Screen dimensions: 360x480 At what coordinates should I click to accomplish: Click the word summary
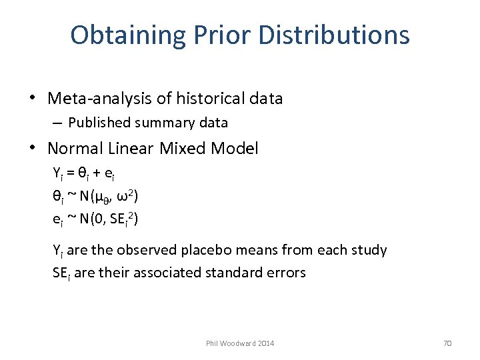click(159, 123)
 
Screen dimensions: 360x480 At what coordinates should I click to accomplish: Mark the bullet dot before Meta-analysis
click(32, 99)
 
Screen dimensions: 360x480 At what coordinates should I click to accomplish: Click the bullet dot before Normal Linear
click(32, 148)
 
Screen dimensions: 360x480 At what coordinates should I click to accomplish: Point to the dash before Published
click(58, 123)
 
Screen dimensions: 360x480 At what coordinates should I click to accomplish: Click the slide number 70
click(447, 343)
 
